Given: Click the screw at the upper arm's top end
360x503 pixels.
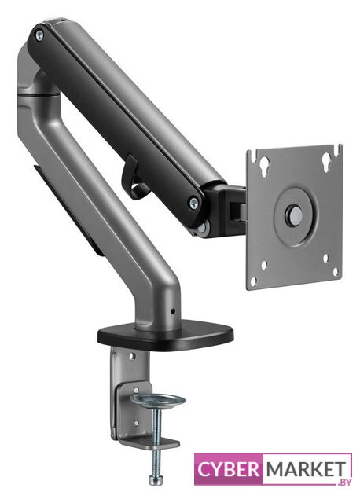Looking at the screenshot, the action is pyautogui.click(x=39, y=35).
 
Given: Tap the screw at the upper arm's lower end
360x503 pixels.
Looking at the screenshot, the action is pyautogui.click(x=194, y=202).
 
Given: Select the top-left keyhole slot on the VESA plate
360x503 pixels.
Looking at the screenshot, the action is pyautogui.click(x=264, y=165).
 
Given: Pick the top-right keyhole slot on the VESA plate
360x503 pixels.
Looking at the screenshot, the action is pyautogui.click(x=327, y=160).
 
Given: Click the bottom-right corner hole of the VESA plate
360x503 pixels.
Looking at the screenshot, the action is pyautogui.click(x=336, y=272).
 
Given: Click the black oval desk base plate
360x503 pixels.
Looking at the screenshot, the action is pyautogui.click(x=166, y=336).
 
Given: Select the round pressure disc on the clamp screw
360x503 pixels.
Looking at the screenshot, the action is pyautogui.click(x=159, y=400).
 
